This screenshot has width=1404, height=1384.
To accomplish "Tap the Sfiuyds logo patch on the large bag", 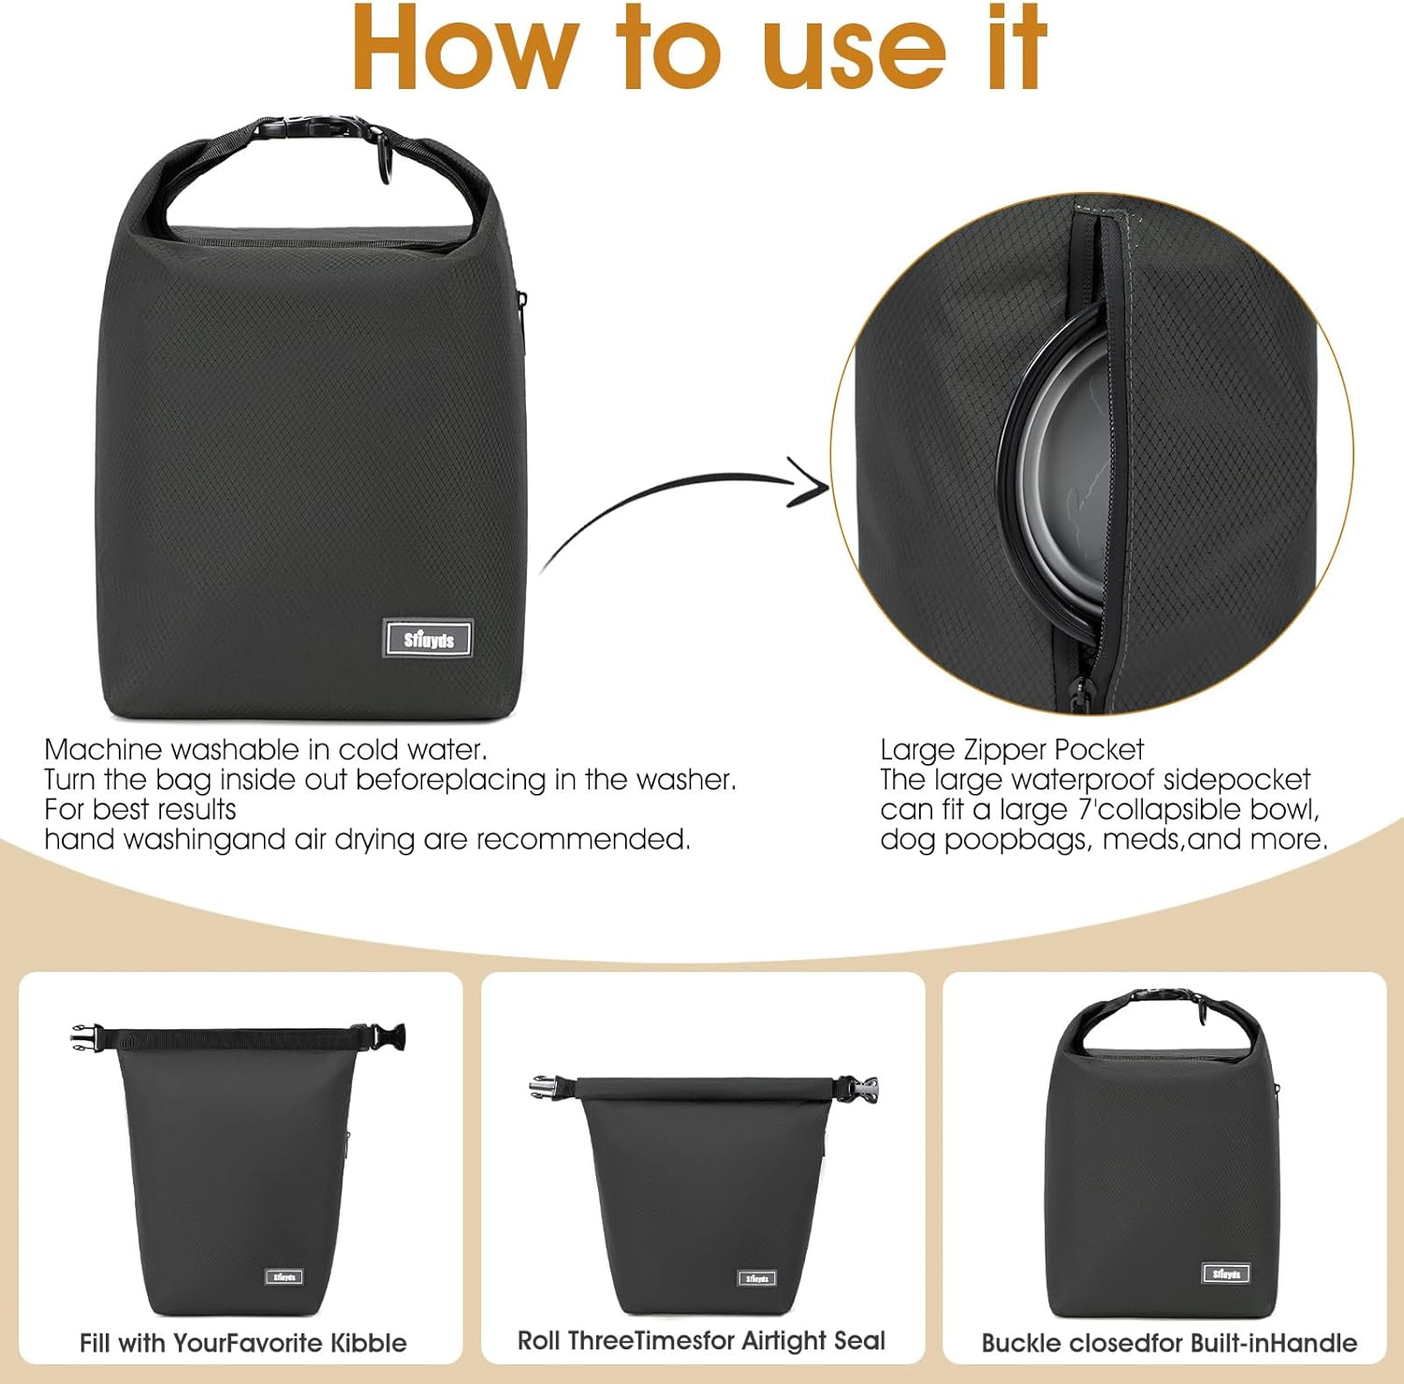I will point(428,640).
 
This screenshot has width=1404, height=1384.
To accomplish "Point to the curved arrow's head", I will point(812,483).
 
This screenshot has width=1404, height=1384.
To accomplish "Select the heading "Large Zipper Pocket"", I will point(1011,749).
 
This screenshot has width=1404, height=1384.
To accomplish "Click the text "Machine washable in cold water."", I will point(266,749).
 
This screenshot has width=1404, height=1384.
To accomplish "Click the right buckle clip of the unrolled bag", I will point(388,1037).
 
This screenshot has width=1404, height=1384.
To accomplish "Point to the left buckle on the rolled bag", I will point(546,1086).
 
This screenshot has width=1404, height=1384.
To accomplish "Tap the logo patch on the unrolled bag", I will point(285,1276).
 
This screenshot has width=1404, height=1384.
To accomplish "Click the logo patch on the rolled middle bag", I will point(756,1277).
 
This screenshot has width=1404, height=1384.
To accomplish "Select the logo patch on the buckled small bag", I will point(1225,1274).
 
